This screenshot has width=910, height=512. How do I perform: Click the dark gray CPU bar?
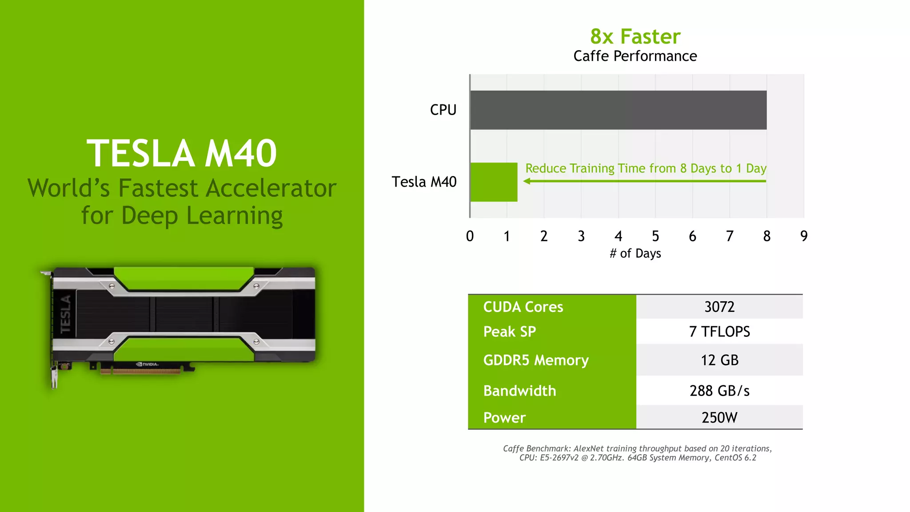[x=618, y=110]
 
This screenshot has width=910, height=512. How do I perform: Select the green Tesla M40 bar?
[x=494, y=182]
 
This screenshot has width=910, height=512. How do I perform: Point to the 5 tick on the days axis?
[x=655, y=236]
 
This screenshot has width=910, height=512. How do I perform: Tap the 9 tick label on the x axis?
[x=804, y=236]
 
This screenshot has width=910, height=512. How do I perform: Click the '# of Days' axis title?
[x=635, y=253]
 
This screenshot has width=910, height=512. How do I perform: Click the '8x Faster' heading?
[x=635, y=36]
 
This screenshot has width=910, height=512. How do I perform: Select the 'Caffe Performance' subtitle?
[x=635, y=56]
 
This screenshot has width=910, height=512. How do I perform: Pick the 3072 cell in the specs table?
[x=719, y=307]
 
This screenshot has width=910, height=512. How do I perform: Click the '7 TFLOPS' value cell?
[x=719, y=332]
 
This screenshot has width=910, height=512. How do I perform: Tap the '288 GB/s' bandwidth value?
[x=719, y=391]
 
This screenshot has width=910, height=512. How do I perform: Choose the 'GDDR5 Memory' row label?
[x=536, y=360]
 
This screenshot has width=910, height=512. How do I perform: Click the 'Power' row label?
[x=504, y=418]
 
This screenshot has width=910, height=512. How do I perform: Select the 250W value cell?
[x=719, y=418]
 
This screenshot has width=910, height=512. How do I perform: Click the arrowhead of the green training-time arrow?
[x=527, y=181]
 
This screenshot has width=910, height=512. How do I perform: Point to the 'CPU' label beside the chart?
[x=443, y=110]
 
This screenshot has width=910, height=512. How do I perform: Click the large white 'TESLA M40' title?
[x=182, y=153]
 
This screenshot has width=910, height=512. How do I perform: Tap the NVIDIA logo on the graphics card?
[x=148, y=364]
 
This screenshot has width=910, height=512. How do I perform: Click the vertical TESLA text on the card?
[x=66, y=314]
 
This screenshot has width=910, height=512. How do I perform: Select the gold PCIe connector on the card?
[x=140, y=371]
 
